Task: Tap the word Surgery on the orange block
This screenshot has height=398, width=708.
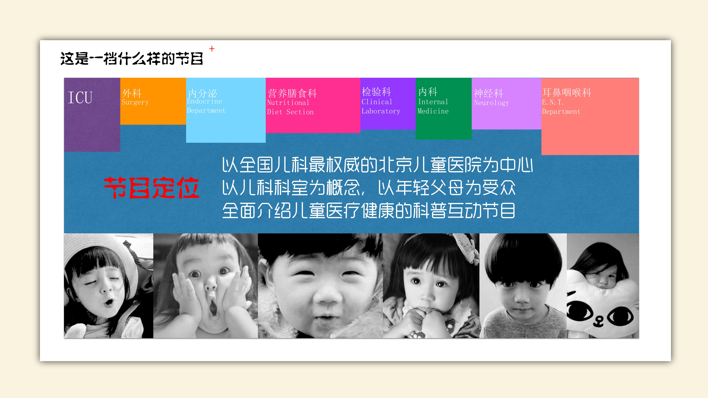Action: coord(135,102)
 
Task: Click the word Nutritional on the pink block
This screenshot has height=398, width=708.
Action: coord(288,103)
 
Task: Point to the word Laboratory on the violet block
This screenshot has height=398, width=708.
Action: coord(381,111)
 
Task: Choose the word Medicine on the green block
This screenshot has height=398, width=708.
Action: coord(433,111)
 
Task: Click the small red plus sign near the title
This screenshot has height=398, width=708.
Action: coord(212,49)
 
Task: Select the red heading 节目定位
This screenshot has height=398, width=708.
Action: coord(152,188)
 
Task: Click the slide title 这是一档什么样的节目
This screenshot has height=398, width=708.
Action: coord(132,59)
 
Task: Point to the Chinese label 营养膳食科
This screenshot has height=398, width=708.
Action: coord(292,93)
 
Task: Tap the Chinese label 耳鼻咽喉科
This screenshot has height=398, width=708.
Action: coord(567,93)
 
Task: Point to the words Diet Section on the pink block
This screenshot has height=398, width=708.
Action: coord(290,112)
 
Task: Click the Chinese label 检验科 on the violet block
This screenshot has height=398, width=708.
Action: coord(376,92)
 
